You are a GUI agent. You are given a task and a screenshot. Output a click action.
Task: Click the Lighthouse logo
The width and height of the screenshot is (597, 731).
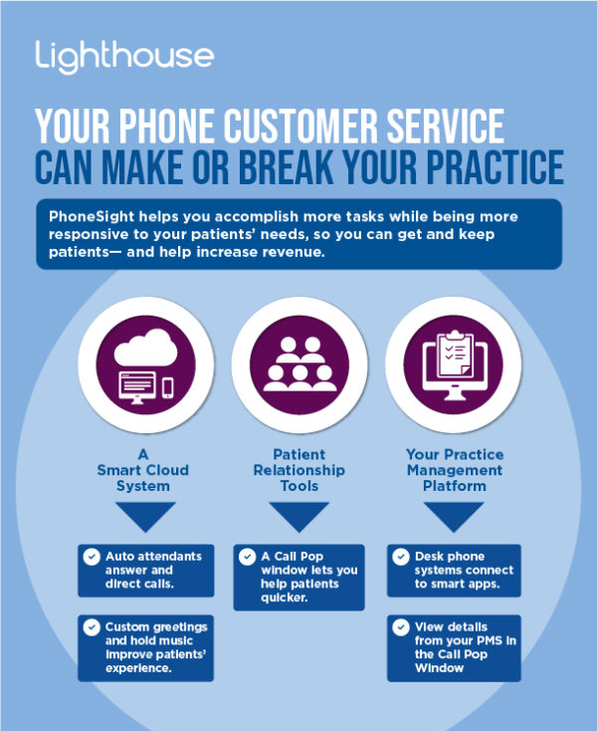[x=124, y=57]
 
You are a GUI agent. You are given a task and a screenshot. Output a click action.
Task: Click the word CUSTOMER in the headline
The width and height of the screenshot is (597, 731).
[x=300, y=125]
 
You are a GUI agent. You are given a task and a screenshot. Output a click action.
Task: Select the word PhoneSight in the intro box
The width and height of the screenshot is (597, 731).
[x=92, y=217]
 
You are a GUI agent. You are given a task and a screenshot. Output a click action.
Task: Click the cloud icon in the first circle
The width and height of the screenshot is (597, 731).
[x=145, y=348]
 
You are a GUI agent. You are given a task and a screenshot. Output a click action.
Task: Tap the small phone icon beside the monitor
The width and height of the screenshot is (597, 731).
[x=167, y=387]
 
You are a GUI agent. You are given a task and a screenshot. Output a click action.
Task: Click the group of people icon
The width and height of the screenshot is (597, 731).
[x=299, y=365]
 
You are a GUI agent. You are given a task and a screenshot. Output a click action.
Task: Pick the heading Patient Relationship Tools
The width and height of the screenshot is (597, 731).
[x=298, y=470]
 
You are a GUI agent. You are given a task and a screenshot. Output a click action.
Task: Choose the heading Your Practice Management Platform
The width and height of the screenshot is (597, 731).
[x=455, y=470]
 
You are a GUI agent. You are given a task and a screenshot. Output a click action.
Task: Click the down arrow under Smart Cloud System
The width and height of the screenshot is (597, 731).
[x=145, y=515]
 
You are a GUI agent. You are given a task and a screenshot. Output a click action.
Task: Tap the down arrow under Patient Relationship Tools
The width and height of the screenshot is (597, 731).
[x=298, y=515]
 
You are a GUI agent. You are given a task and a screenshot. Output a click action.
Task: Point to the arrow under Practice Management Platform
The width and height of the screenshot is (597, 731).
[x=454, y=515]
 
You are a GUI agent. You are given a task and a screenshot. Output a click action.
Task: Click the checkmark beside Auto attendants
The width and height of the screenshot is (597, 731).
[x=92, y=557]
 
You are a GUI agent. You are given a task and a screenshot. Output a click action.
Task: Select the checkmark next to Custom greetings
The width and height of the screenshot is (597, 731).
[x=92, y=627]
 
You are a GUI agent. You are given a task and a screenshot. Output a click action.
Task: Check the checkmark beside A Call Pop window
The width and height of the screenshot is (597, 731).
[x=248, y=557]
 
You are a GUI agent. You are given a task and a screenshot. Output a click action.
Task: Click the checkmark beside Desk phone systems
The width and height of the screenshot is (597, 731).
[x=400, y=557]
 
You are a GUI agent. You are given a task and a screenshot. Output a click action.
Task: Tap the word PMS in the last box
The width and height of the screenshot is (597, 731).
[x=488, y=640]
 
